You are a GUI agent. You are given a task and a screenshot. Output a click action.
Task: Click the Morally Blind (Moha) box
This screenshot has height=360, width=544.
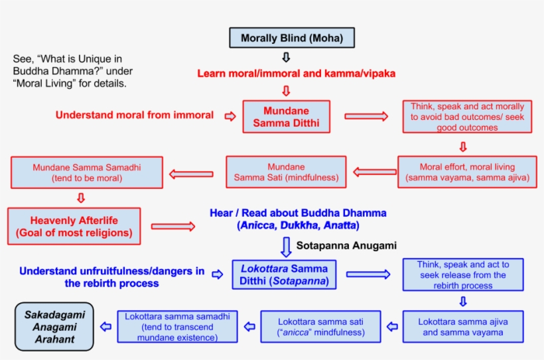pyautogui.click(x=292, y=38)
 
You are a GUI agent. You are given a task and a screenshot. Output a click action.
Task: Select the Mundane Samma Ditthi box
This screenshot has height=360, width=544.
pyautogui.click(x=287, y=117)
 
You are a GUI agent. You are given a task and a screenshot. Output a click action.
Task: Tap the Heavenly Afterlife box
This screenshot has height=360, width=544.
pyautogui.click(x=74, y=226)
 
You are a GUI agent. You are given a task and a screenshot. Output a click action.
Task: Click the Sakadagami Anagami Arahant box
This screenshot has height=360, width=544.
pyautogui.click(x=55, y=327)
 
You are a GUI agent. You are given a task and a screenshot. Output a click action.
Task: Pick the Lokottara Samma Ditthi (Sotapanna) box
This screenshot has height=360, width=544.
pyautogui.click(x=284, y=274)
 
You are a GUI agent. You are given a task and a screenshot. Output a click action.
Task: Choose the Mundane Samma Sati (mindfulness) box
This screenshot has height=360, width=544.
pyautogui.click(x=286, y=172)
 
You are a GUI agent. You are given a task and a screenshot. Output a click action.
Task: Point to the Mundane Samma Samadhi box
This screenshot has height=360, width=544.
pyautogui.click(x=87, y=172)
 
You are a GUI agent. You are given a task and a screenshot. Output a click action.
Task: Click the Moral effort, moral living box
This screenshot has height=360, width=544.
pyautogui.click(x=467, y=172)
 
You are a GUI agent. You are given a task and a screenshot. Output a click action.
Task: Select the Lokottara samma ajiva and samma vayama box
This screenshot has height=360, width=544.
pyautogui.click(x=463, y=327)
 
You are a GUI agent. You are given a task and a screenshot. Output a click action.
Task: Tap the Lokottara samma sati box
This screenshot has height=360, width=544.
pyautogui.click(x=320, y=327)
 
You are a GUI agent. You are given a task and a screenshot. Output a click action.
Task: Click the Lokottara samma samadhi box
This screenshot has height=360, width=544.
pyautogui.click(x=177, y=327)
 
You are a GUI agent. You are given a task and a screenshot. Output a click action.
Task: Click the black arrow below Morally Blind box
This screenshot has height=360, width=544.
pyautogui.click(x=287, y=58)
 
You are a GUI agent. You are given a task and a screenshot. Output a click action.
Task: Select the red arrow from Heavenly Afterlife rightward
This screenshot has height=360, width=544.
pyautogui.click(x=173, y=227)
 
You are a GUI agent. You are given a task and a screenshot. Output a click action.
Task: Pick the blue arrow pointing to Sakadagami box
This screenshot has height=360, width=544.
pyautogui.click(x=105, y=327)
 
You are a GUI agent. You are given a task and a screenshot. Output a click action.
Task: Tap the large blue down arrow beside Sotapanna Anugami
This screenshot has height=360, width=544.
pyautogui.click(x=286, y=246)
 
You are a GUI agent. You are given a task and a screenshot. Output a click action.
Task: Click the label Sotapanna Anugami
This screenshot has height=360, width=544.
pyautogui.click(x=346, y=246)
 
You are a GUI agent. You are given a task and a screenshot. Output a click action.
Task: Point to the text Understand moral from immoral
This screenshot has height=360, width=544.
pyautogui.click(x=135, y=115)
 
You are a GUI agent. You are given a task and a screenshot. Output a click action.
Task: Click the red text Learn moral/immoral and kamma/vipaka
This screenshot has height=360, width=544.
pyautogui.click(x=296, y=74)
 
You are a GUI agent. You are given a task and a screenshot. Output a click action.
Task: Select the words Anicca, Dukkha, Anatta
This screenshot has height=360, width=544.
pyautogui.click(x=298, y=225)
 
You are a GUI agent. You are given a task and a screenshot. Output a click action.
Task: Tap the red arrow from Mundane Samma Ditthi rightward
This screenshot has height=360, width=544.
pyautogui.click(x=366, y=117)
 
